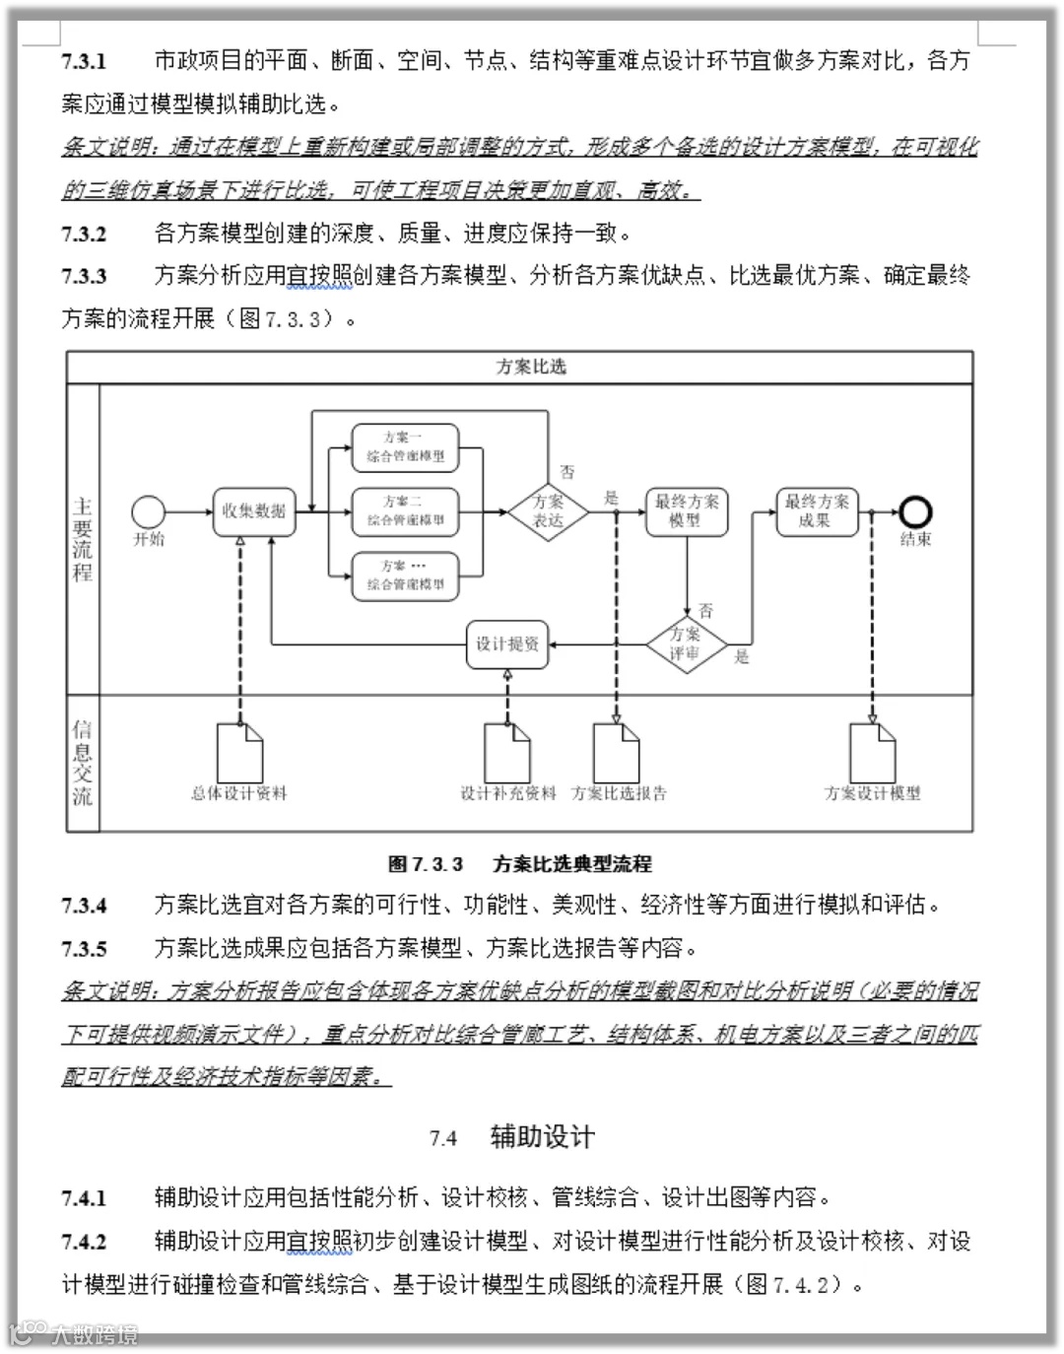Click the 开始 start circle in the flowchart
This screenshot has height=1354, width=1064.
coord(149,511)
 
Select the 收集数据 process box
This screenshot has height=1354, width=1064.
coord(254,511)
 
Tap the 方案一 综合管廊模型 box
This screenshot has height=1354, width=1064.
coord(405,446)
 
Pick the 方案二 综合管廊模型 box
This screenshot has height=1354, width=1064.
coord(405,511)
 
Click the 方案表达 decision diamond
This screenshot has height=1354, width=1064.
coord(548,511)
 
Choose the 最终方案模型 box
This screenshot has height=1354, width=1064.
coord(687,511)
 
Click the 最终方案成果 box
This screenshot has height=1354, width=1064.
coord(816,511)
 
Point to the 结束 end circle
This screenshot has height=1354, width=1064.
coord(915,511)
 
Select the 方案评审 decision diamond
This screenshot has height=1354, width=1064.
coord(686,644)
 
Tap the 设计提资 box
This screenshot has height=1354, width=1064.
coord(507,644)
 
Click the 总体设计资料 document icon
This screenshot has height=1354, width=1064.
coord(239,753)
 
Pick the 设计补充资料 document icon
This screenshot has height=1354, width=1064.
coord(507,753)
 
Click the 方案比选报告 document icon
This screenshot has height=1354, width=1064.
coord(617,753)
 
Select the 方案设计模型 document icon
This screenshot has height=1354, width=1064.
coord(872,753)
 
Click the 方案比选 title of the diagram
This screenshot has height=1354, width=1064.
coord(531,367)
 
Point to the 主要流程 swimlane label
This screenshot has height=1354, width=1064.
coord(83,539)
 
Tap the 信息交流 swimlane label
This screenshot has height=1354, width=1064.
coord(83,763)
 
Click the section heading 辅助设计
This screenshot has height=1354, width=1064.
coord(542,1137)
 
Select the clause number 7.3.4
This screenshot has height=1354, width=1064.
coord(84,906)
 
